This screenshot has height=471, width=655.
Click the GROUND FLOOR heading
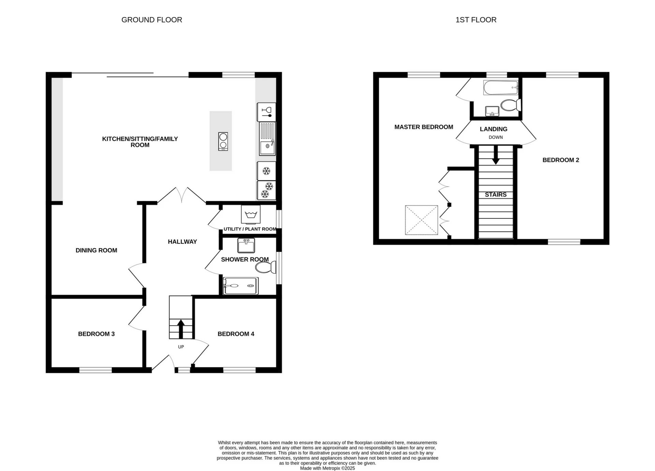tap(151, 20)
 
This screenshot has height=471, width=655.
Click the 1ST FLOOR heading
tap(476, 20)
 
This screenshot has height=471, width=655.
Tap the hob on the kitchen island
tap(223, 141)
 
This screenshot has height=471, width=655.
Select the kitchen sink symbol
tap(267, 147)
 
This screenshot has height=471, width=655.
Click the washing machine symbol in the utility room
tap(251, 214)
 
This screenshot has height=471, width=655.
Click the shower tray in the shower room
tap(240, 286)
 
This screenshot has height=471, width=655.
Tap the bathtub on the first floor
tap(500, 88)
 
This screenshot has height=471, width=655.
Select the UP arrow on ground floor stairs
tap(181, 328)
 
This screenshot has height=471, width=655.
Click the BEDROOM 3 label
tap(96, 334)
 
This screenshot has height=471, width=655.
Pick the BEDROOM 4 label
tap(236, 334)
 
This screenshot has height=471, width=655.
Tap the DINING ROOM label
tap(96, 250)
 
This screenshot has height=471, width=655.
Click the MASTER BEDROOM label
tap(424, 127)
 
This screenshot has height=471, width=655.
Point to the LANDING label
tap(493, 129)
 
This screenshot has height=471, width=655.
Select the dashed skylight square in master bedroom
tap(421, 220)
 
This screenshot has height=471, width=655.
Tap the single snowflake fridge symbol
tap(266, 171)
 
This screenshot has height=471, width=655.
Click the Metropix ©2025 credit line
tap(327, 468)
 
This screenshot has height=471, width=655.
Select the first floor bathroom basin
tap(492, 111)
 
